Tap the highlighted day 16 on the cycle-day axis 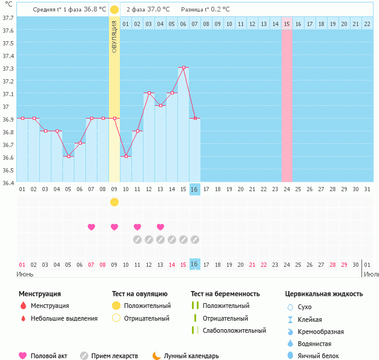coord(194,189)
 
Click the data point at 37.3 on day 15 coord(183,68)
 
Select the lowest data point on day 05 coord(68,156)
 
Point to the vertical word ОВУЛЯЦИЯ coord(114,37)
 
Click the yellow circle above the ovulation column coord(114,10)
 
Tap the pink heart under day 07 coord(91,227)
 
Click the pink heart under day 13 coord(160,227)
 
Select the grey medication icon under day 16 coord(195,240)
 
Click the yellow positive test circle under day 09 coord(114,201)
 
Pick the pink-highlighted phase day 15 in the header coord(287,24)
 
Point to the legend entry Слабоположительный coord(234,331)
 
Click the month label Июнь coord(25,274)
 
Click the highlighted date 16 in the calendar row coord(194,264)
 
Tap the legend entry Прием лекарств coord(114,356)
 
